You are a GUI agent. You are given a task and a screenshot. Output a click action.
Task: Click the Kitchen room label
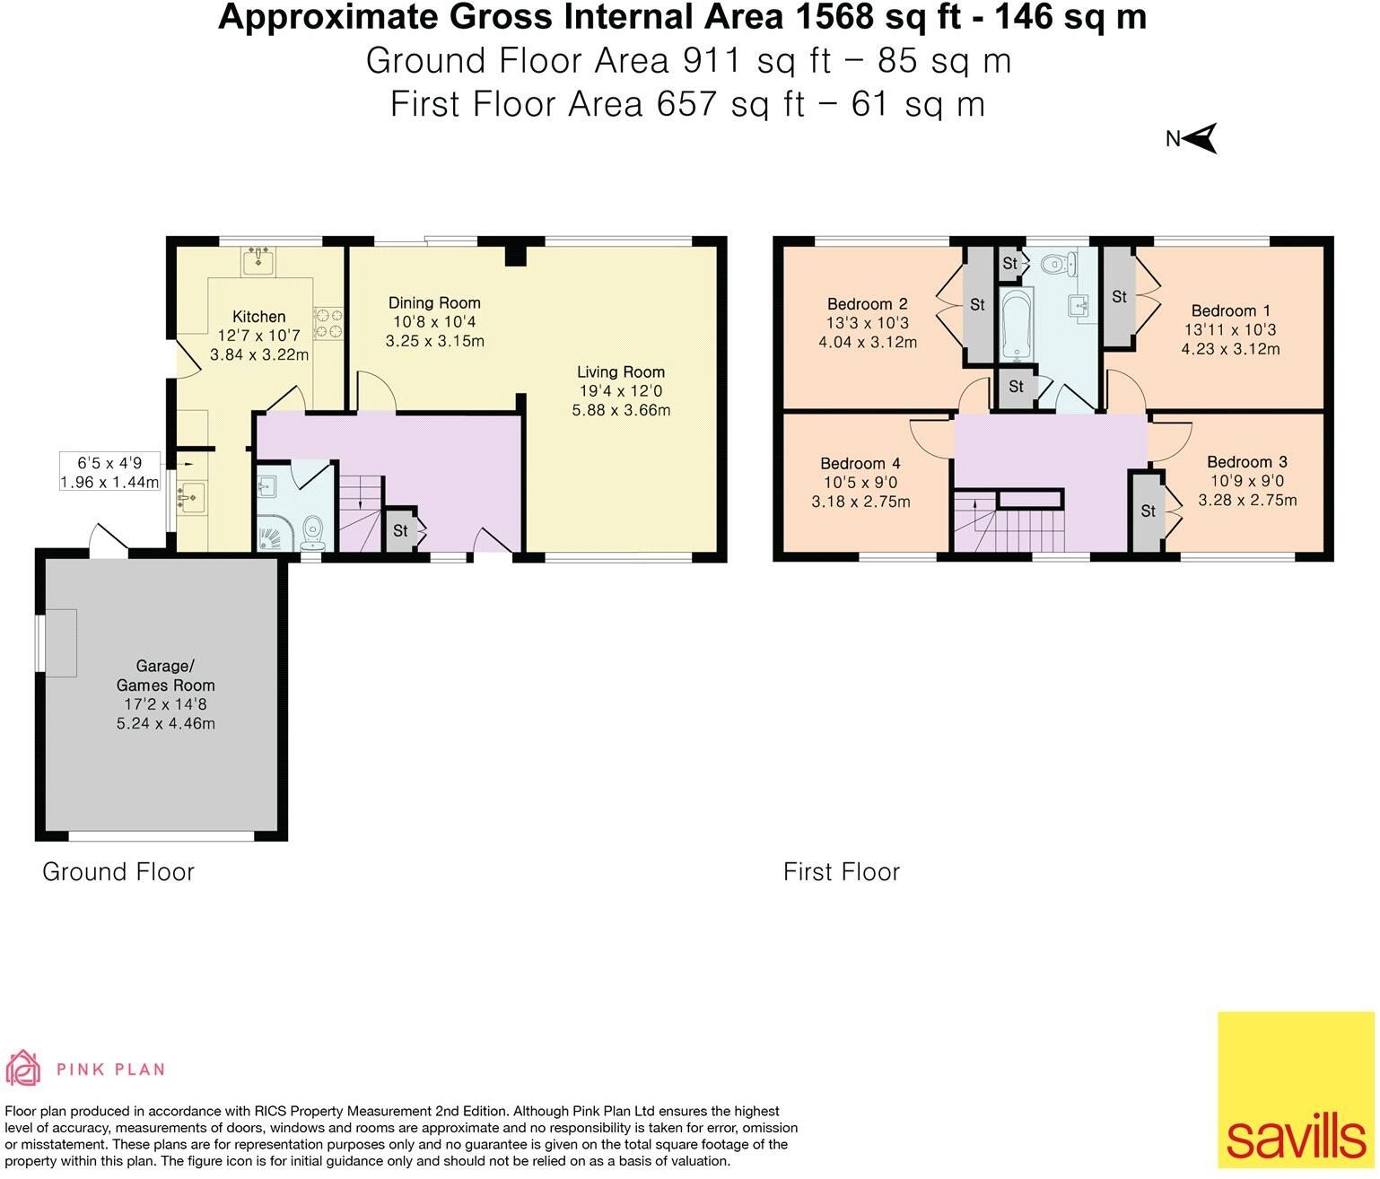click(259, 317)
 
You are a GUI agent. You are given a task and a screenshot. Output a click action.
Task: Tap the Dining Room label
click(434, 303)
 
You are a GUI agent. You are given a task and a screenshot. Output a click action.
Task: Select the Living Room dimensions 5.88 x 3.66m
click(621, 410)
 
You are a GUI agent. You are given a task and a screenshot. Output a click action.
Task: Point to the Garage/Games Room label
click(166, 675)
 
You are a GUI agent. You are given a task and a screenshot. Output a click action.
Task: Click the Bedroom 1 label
click(1230, 310)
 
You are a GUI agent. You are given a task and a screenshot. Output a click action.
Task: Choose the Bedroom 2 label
click(868, 304)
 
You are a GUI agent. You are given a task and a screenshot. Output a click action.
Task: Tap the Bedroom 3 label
click(1247, 462)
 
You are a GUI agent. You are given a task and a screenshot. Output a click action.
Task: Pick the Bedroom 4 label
click(860, 463)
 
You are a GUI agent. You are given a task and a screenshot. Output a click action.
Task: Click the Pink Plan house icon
click(22, 1069)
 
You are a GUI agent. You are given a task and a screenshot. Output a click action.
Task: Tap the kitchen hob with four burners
click(328, 322)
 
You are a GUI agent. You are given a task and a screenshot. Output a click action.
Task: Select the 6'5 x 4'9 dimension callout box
click(110, 471)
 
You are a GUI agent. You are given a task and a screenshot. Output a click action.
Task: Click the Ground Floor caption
click(118, 872)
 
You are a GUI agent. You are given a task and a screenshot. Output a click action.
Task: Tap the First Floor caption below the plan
click(842, 872)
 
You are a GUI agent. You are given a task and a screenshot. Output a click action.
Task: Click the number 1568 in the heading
click(834, 16)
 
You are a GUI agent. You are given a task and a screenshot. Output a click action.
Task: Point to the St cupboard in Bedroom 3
click(1149, 511)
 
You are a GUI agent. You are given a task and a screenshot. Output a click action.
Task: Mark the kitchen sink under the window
click(258, 262)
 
